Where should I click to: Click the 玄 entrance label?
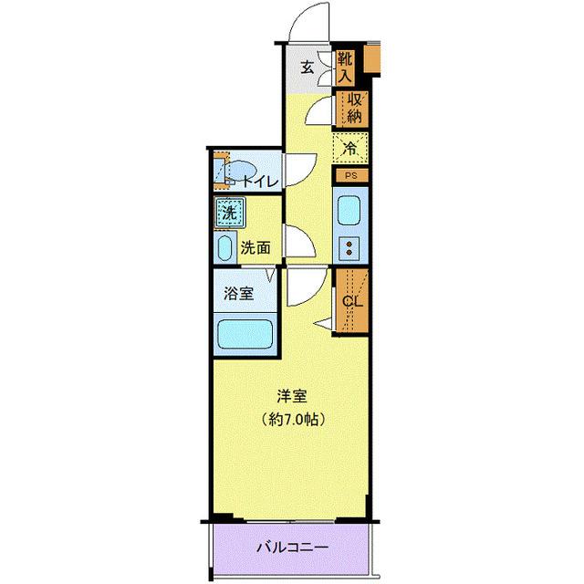pyautogui.click(x=308, y=67)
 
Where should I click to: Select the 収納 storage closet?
pyautogui.click(x=354, y=108)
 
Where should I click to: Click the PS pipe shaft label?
pyautogui.click(x=351, y=175)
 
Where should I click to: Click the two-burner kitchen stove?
pyautogui.click(x=350, y=247)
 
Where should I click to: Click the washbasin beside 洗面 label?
pyautogui.click(x=225, y=245)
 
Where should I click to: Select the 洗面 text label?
pyautogui.click(x=255, y=246)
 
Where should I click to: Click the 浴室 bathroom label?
pyautogui.click(x=239, y=294)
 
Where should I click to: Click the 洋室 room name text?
pyautogui.click(x=292, y=398)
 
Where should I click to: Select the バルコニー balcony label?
pyautogui.click(x=292, y=548)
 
